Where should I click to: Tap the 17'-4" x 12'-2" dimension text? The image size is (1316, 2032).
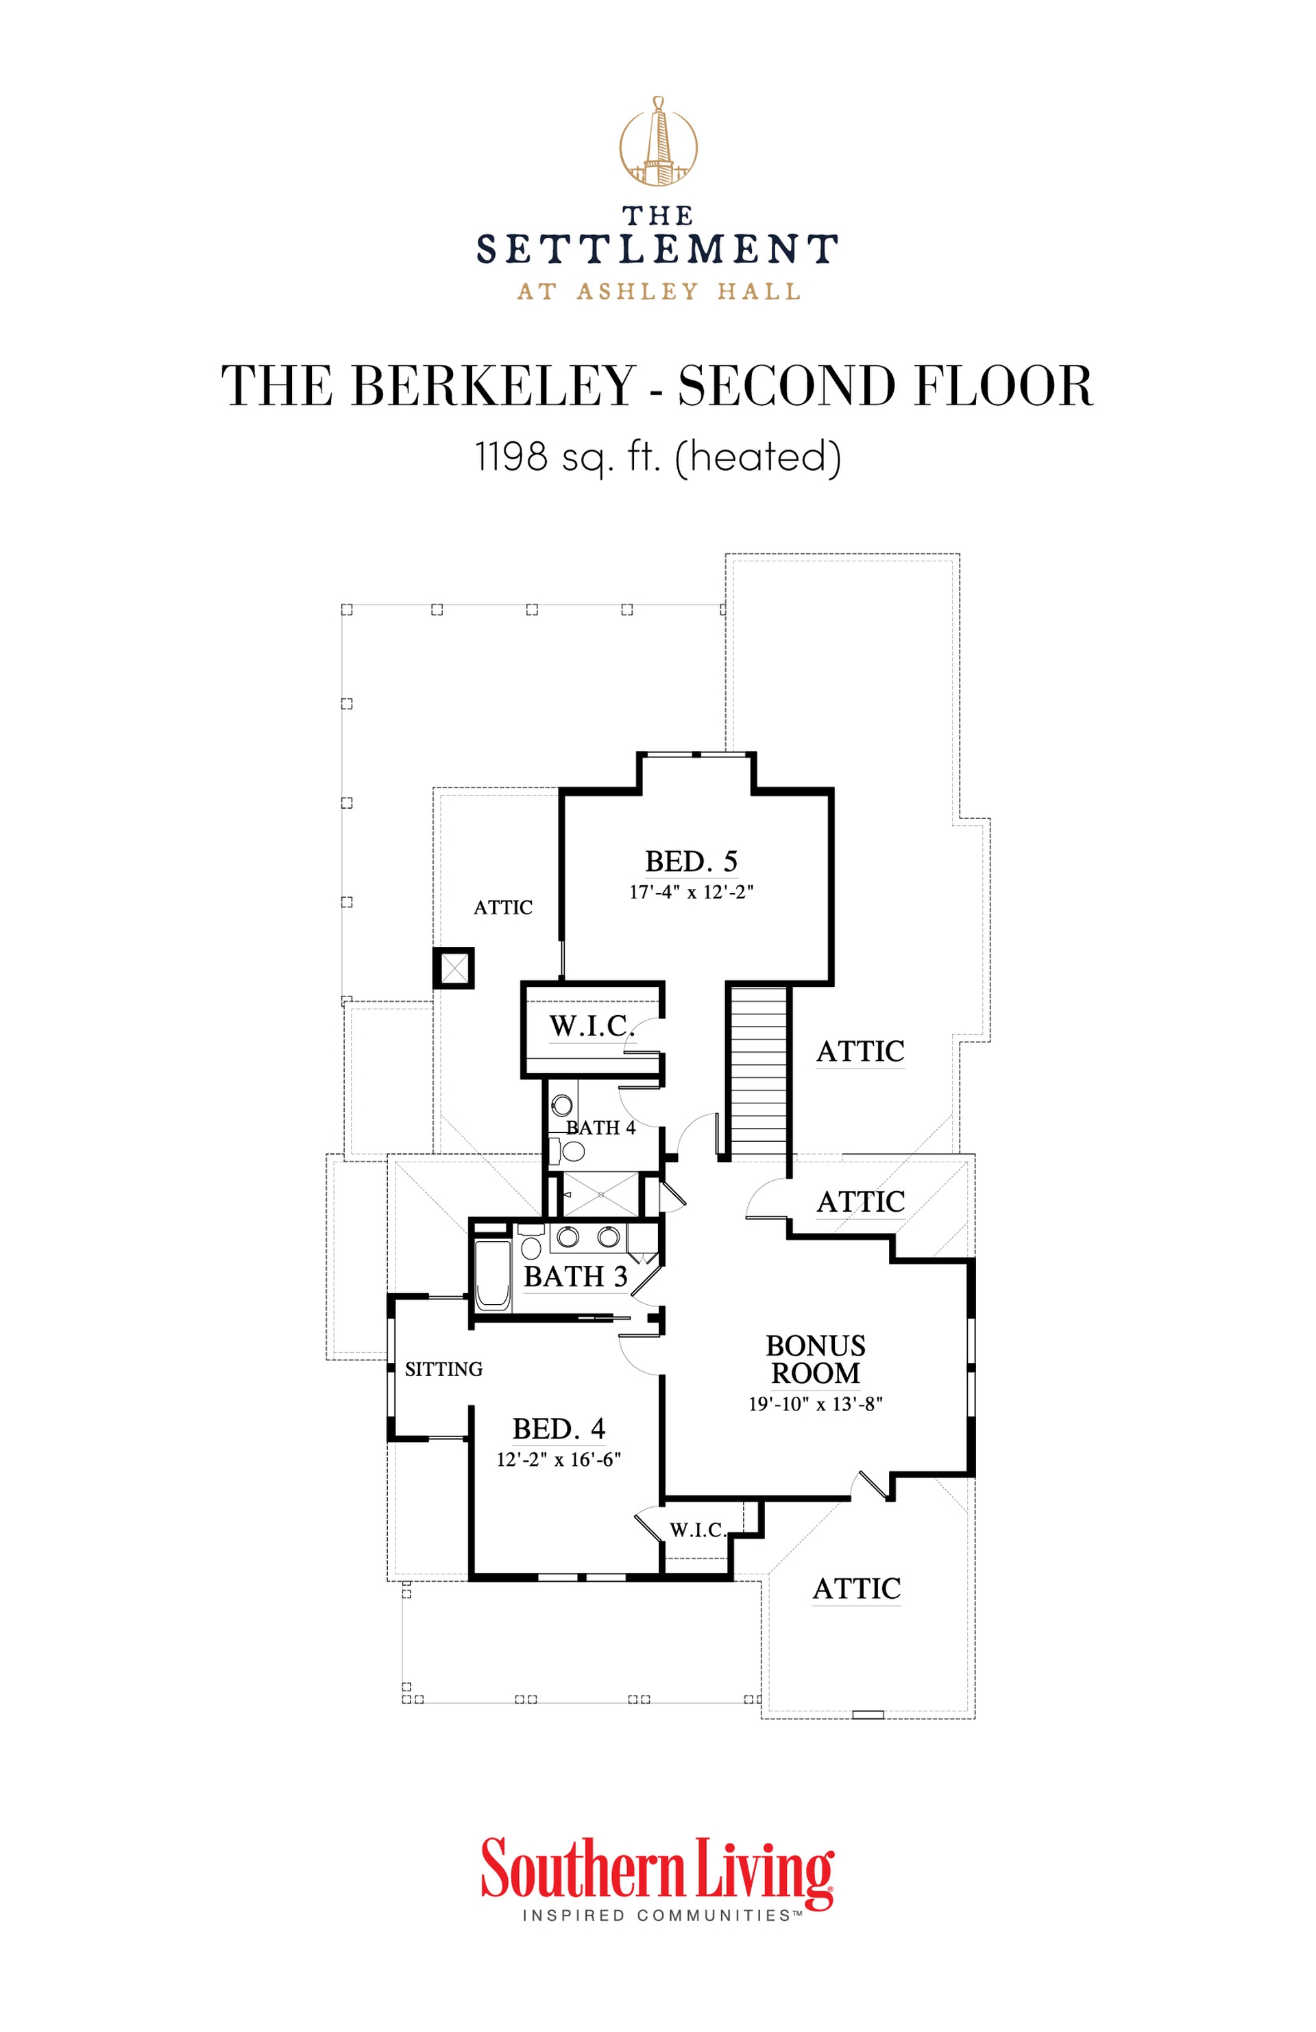click(691, 892)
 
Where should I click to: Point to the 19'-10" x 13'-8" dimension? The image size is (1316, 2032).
click(815, 1404)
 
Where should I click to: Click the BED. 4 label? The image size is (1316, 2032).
click(559, 1428)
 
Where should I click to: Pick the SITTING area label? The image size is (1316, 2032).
click(443, 1369)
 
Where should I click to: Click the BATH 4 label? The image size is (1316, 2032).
click(600, 1128)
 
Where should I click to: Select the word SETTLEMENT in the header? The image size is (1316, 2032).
click(657, 249)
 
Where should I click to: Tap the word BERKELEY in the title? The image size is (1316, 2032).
click(493, 386)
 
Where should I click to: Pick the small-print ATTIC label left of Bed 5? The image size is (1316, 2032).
click(503, 907)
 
